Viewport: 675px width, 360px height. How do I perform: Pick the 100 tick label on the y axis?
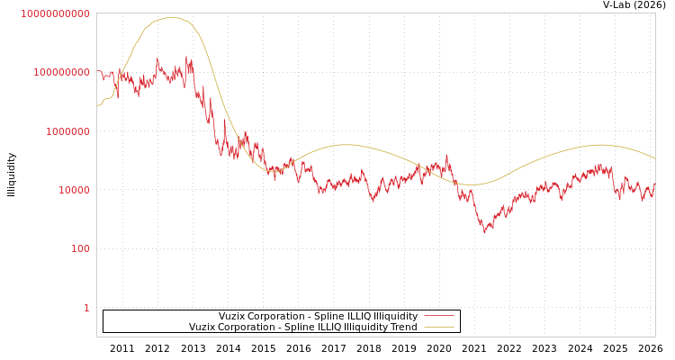tap(80, 249)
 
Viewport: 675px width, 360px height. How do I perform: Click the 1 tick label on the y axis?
tap(86, 308)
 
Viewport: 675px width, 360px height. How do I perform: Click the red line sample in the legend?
tap(438, 317)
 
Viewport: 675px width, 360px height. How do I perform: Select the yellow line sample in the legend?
tap(438, 328)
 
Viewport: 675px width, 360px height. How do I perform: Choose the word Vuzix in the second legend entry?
tap(203, 328)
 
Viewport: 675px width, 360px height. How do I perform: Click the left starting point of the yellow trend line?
tap(97, 106)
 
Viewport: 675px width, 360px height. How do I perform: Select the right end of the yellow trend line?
tap(655, 159)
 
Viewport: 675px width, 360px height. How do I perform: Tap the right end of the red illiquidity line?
tap(655, 183)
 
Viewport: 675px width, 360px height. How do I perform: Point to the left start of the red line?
tap(97, 70)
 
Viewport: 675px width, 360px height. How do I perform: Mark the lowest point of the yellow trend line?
tap(474, 184)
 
